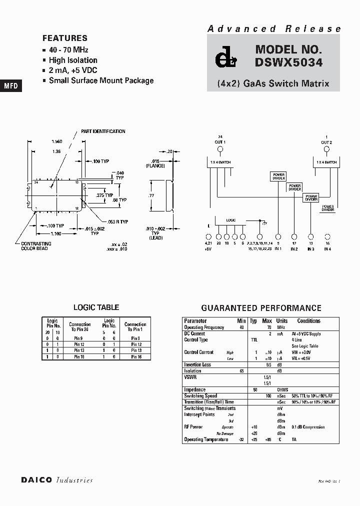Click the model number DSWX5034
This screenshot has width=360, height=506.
(288, 63)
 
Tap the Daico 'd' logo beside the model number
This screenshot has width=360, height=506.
(223, 59)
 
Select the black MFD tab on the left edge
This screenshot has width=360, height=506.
(10, 86)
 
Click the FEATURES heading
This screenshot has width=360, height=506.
(65, 38)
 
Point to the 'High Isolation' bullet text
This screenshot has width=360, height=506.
(73, 60)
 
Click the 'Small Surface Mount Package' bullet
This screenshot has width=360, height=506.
(101, 80)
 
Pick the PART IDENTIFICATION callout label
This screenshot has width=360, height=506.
(103, 131)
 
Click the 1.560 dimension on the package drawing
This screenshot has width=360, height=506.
(56, 141)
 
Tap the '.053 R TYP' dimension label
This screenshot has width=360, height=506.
(117, 221)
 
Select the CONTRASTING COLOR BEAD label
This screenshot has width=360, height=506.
(34, 246)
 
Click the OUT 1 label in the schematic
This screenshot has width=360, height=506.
(220, 142)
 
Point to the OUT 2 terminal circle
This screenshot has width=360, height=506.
(327, 149)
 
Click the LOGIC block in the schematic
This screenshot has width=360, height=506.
(231, 219)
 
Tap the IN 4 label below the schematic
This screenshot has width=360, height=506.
(327, 248)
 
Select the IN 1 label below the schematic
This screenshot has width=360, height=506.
(277, 248)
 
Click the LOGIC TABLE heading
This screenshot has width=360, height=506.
(96, 307)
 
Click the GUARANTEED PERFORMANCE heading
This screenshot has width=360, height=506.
(261, 308)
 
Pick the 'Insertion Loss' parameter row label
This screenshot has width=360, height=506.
(197, 365)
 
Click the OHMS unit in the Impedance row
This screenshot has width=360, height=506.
(282, 389)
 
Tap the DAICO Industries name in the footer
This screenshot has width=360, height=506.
(57, 480)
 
